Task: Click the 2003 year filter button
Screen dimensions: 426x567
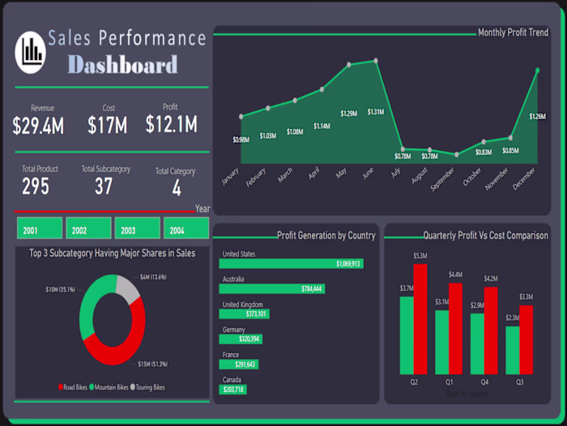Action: pos(137,230)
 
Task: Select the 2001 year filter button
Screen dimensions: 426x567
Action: pos(39,230)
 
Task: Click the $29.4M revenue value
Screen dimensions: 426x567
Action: pos(39,125)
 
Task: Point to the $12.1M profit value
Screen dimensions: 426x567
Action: pos(171,124)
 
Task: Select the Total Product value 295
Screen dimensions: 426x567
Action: pos(36,187)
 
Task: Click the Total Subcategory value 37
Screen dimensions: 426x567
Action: pos(104,187)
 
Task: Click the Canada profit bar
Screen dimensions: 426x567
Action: pos(231,389)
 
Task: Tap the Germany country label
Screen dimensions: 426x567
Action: pos(235,329)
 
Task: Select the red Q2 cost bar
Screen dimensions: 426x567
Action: pos(420,318)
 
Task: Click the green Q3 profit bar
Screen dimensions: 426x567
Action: pos(512,350)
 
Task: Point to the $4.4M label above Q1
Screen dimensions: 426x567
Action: pos(455,275)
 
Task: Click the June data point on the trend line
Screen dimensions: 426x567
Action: pos(376,61)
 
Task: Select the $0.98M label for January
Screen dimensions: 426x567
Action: pos(241,140)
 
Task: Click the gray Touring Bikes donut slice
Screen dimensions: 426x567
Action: pos(128,288)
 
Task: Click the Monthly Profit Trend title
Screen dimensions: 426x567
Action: pos(513,33)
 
